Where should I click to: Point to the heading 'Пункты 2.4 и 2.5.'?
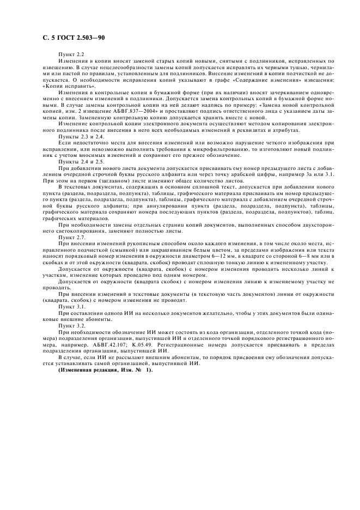(x=77, y=162)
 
